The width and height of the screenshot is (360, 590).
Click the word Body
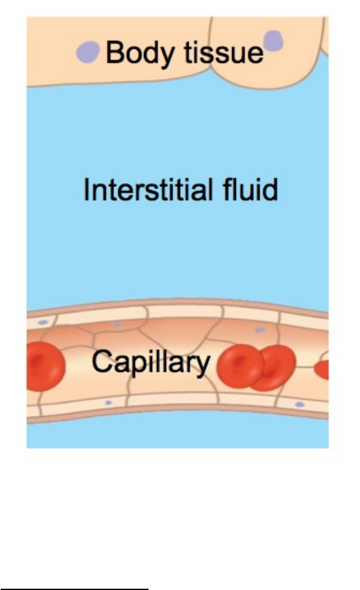point(141,54)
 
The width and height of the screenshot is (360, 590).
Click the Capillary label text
point(151,362)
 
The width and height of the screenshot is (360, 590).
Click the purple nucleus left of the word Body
point(88,52)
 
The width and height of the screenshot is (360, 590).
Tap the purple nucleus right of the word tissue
point(273,40)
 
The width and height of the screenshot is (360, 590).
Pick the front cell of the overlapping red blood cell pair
point(240,366)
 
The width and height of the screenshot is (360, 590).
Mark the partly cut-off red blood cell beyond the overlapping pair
point(322,369)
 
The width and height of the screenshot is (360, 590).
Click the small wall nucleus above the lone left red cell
point(43,323)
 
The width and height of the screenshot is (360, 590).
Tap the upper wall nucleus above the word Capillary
point(117,324)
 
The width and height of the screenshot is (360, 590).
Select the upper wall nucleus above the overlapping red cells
point(260,330)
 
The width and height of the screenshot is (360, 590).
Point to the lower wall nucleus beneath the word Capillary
point(109,402)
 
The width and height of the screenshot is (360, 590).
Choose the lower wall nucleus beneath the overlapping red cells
point(300,404)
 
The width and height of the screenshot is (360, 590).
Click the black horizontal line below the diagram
point(74,589)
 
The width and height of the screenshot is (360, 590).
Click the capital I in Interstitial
point(86,189)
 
